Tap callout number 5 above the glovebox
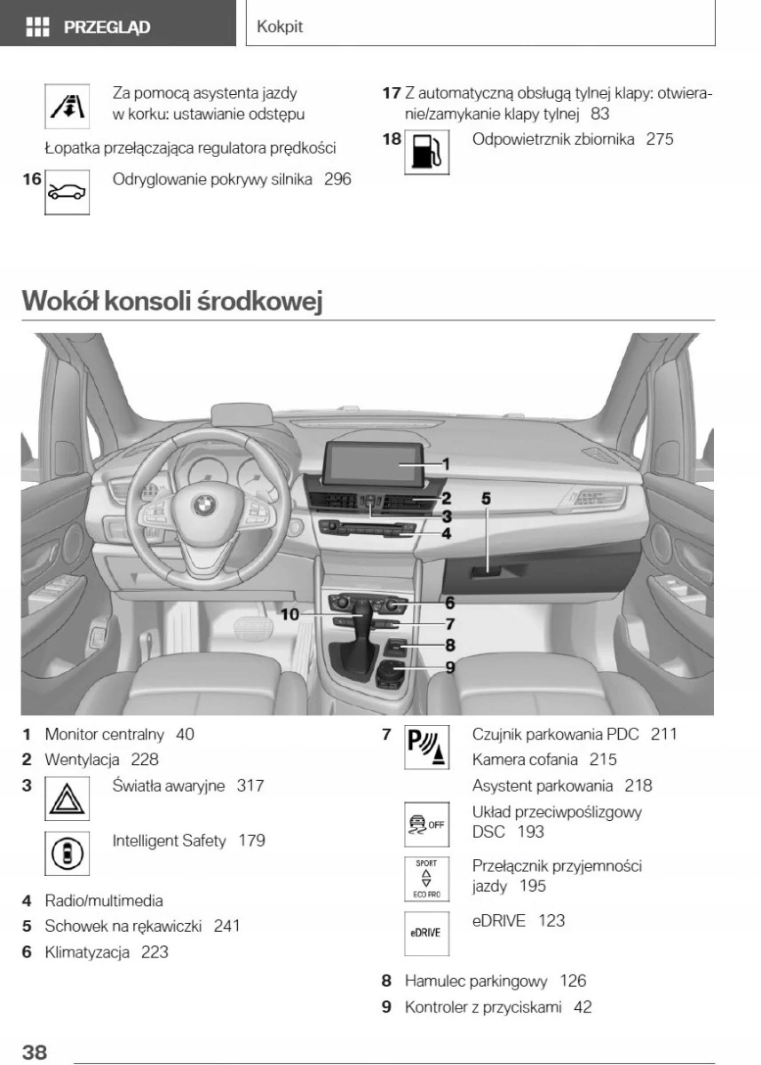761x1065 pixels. pyautogui.click(x=486, y=498)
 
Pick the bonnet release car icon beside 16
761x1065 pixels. pyautogui.click(x=65, y=192)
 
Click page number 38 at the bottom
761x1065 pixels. pyautogui.click(x=35, y=1053)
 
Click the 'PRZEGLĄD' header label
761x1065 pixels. pyautogui.click(x=106, y=27)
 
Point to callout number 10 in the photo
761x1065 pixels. pyautogui.click(x=290, y=613)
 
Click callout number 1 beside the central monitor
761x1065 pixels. pyautogui.click(x=446, y=462)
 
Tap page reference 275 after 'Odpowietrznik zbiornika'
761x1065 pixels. pyautogui.click(x=660, y=139)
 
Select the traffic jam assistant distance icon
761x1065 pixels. pyautogui.click(x=64, y=105)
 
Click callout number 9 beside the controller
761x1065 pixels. pyautogui.click(x=450, y=667)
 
